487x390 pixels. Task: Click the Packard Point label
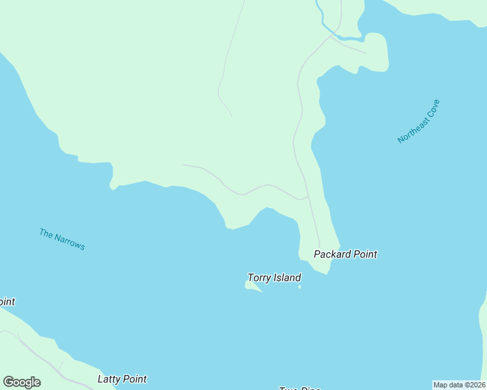click(x=345, y=254)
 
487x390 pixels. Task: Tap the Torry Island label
click(x=274, y=278)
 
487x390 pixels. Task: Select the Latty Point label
click(x=122, y=379)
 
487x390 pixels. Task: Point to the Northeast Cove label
click(x=419, y=122)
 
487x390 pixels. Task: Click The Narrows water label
click(x=62, y=239)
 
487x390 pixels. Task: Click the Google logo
click(x=21, y=382)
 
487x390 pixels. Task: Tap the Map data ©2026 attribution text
click(x=460, y=385)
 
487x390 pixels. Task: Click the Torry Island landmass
click(x=253, y=287)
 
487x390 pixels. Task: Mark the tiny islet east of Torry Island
click(x=299, y=287)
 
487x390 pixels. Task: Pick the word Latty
click(x=109, y=379)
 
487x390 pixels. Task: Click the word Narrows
click(x=70, y=242)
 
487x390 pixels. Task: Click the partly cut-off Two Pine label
click(x=299, y=388)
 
